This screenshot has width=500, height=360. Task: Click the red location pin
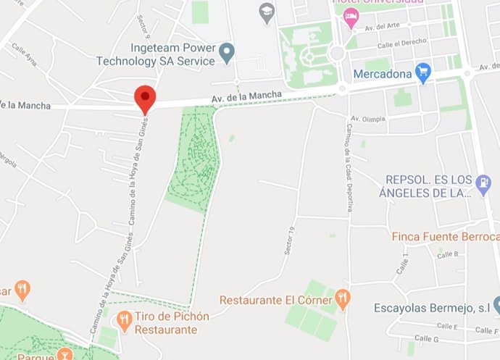pyautogui.click(x=146, y=98)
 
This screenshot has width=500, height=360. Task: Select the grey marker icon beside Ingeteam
pyautogui.click(x=228, y=51)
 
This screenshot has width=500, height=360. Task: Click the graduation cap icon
pyautogui.click(x=267, y=12)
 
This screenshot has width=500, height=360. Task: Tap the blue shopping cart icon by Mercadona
pyautogui.click(x=423, y=72)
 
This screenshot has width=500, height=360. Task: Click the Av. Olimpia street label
pyautogui.click(x=367, y=118)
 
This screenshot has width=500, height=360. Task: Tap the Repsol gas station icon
pyautogui.click(x=483, y=184)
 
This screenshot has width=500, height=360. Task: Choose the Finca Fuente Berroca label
pyautogui.click(x=445, y=237)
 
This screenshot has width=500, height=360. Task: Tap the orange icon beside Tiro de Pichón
pyautogui.click(x=124, y=319)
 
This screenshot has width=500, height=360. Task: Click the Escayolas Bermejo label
pyautogui.click(x=432, y=308)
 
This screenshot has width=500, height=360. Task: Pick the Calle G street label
pyautogui.click(x=427, y=338)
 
